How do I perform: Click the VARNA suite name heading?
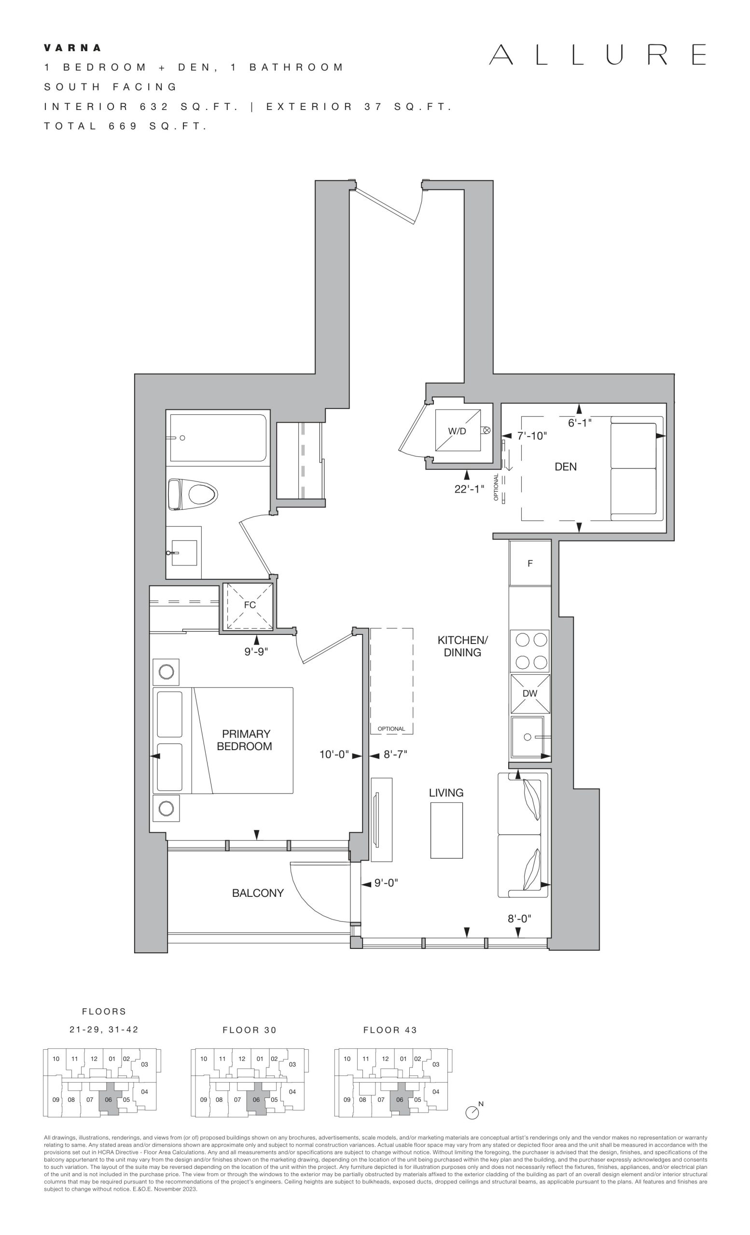pos(73,48)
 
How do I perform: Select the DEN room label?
pos(566,467)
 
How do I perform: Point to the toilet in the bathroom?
pos(193,494)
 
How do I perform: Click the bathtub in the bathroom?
pos(218,438)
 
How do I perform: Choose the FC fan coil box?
pos(249,606)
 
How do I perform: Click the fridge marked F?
pos(530,563)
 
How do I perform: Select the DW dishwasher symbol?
pos(530,694)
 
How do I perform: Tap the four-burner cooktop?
pos(530,651)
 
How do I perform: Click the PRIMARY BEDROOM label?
pos(245,740)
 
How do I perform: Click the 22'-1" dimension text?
pos(469,489)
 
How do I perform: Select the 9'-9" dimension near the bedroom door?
pos(256,652)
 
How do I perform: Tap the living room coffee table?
pos(446,831)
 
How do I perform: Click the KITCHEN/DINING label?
pos(462,646)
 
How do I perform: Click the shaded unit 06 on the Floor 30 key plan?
pos(257,1098)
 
